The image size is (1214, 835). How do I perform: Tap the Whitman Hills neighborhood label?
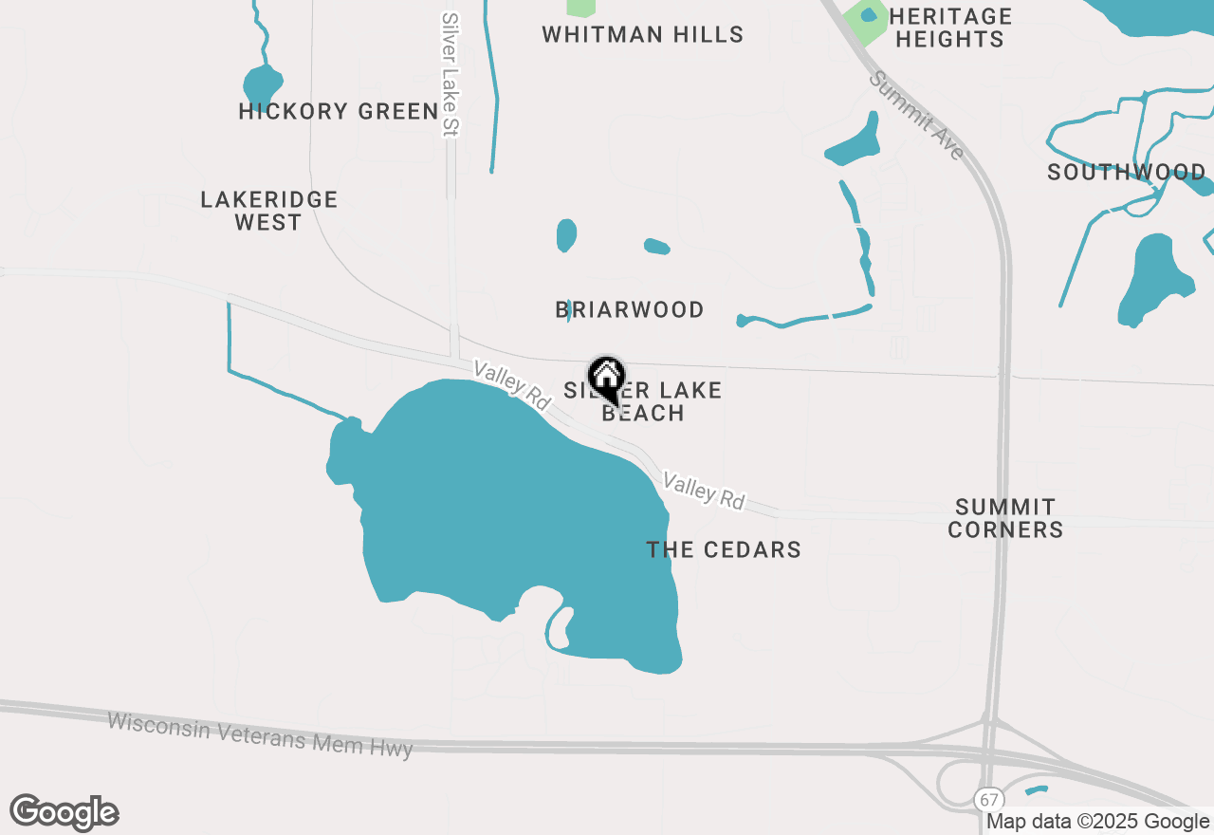pyautogui.click(x=642, y=35)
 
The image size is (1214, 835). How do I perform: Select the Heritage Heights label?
pyautogui.click(x=950, y=28)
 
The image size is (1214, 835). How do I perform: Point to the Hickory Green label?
pyautogui.click(x=339, y=112)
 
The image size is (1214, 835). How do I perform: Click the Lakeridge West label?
pyautogui.click(x=269, y=211)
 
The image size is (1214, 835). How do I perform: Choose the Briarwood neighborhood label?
pyautogui.click(x=630, y=310)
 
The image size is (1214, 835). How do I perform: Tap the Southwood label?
pyautogui.click(x=1127, y=173)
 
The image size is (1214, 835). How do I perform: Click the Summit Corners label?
pyautogui.click(x=1005, y=518)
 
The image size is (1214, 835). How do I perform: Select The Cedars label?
pyautogui.click(x=724, y=550)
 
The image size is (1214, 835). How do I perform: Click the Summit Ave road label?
pyautogui.click(x=917, y=115)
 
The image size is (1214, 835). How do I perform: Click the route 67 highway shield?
pyautogui.click(x=990, y=798)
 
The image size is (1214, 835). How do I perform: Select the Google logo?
pyautogui.click(x=64, y=813)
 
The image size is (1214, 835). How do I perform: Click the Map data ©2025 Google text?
pyautogui.click(x=1098, y=822)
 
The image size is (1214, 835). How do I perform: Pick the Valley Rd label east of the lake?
pyautogui.click(x=704, y=491)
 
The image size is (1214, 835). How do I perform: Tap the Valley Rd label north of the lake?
pyautogui.click(x=513, y=385)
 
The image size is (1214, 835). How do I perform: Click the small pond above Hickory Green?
pyautogui.click(x=262, y=83)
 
